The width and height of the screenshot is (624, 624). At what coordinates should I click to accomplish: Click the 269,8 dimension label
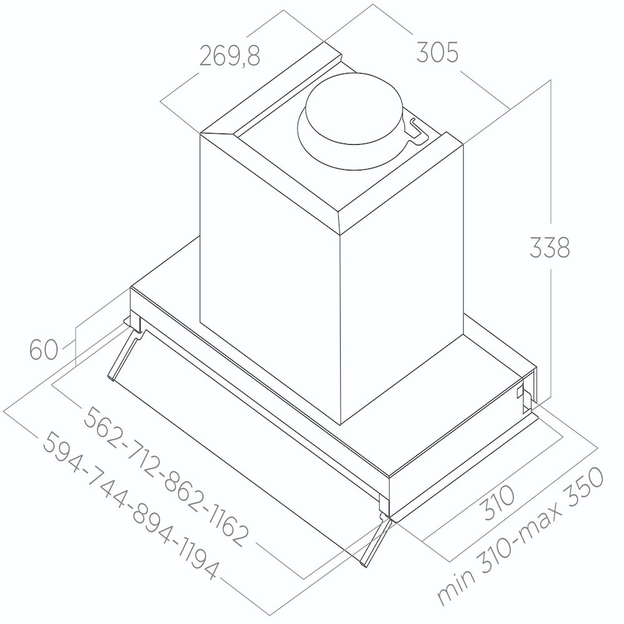click(230, 56)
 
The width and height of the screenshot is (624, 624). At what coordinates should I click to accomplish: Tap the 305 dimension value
click(437, 53)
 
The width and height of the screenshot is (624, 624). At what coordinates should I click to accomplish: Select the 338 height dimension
click(550, 248)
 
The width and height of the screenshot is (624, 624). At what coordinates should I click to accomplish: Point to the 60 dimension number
click(44, 350)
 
